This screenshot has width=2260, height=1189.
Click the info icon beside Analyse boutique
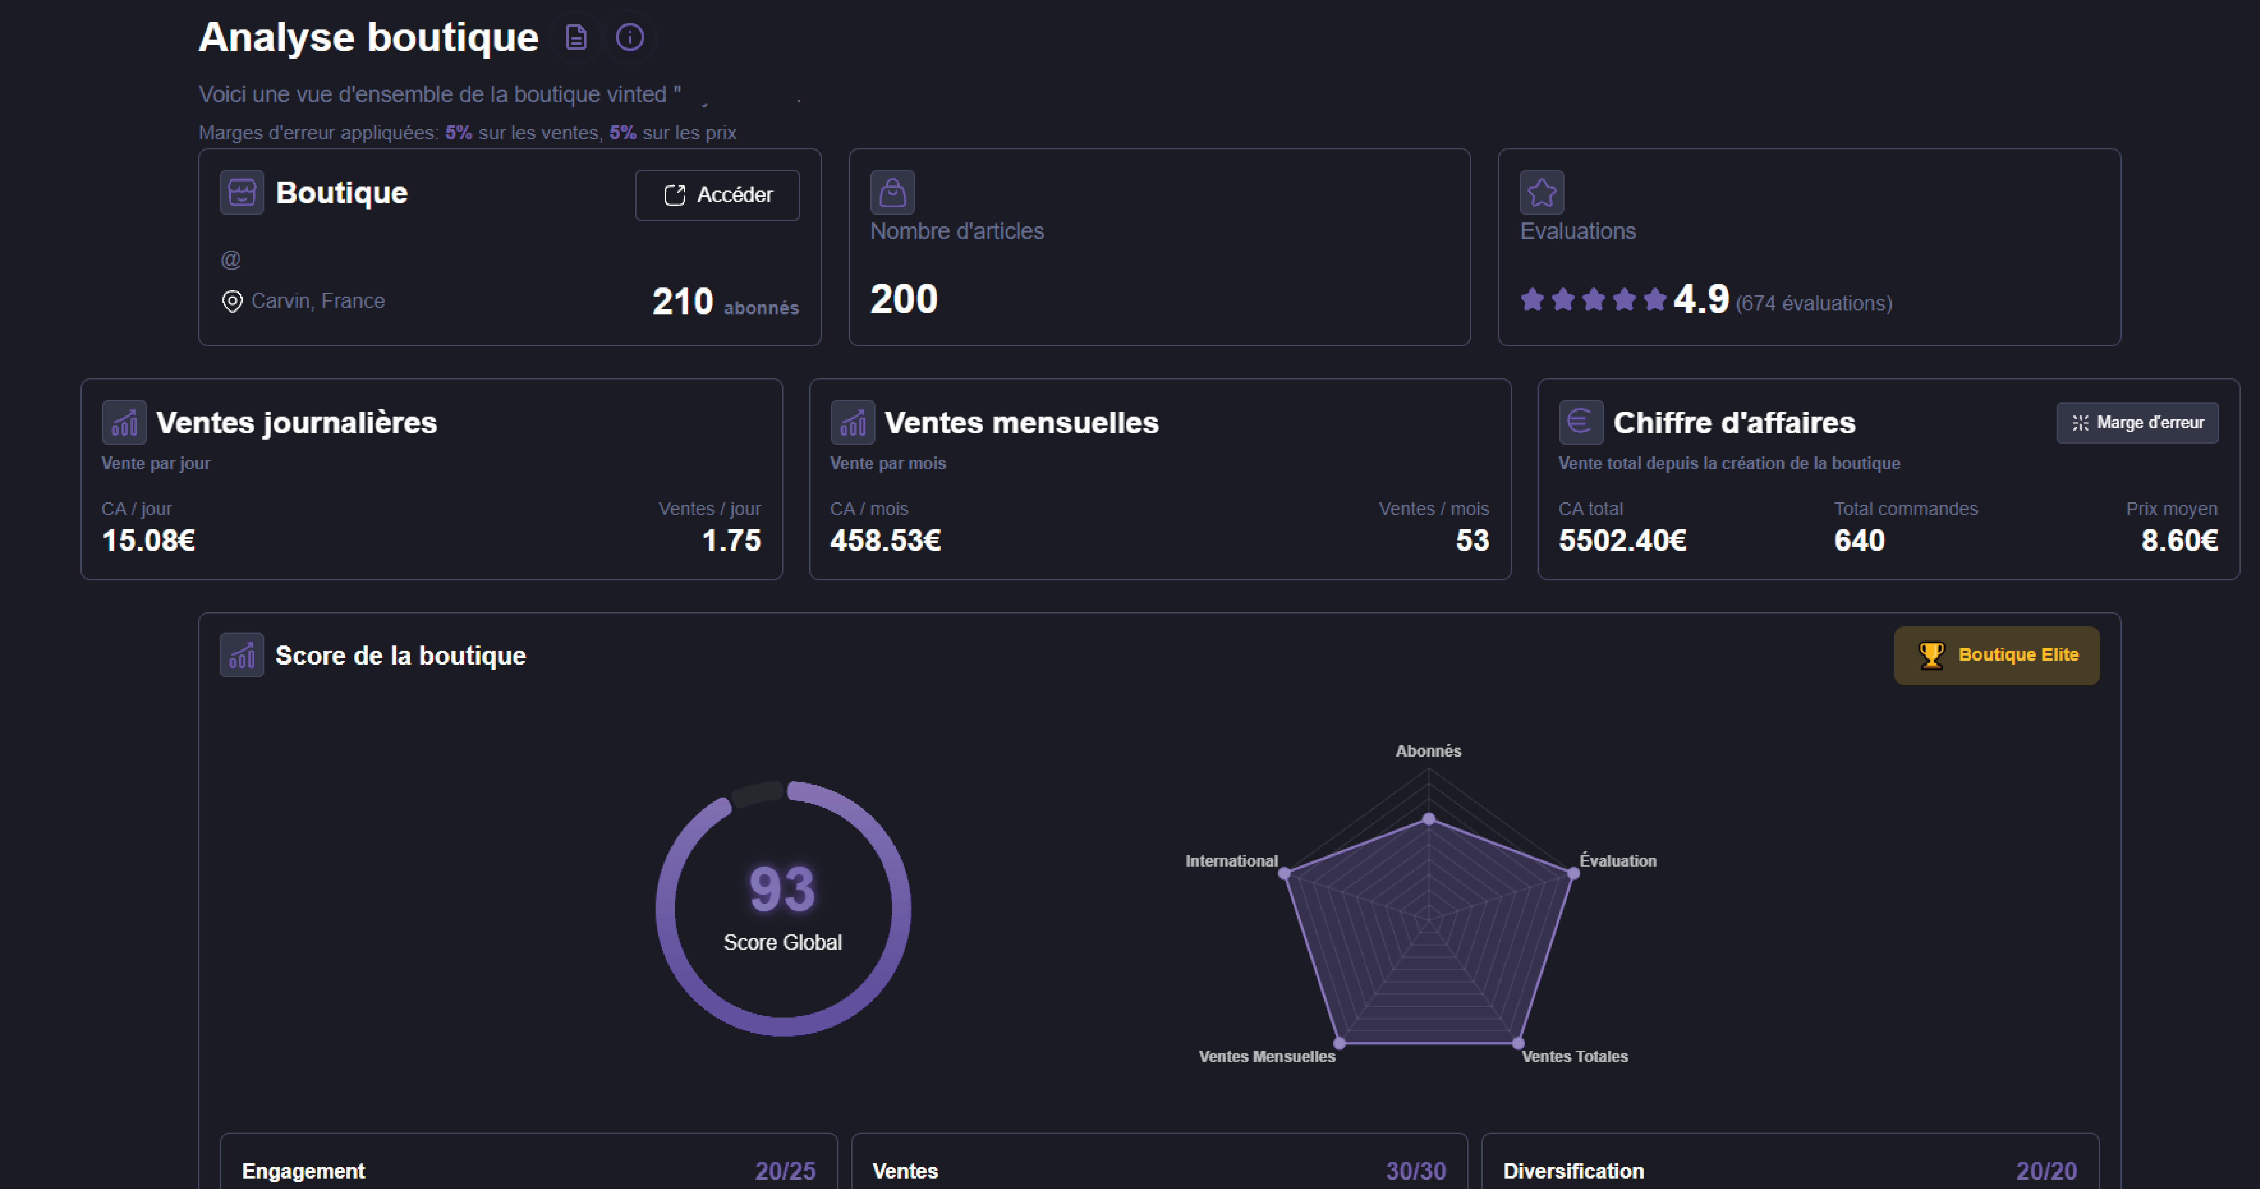click(630, 38)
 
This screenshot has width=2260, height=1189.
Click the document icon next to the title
click(576, 38)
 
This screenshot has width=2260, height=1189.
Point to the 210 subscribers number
click(683, 302)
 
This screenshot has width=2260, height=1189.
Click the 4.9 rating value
click(1700, 299)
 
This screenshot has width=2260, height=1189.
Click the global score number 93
click(782, 889)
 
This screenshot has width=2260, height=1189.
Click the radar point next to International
click(1284, 873)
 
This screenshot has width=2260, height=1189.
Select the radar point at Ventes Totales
click(1518, 1043)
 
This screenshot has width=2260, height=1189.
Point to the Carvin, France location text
click(318, 301)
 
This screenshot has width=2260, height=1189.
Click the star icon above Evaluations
click(1542, 192)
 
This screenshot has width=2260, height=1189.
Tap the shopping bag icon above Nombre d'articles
click(892, 192)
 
